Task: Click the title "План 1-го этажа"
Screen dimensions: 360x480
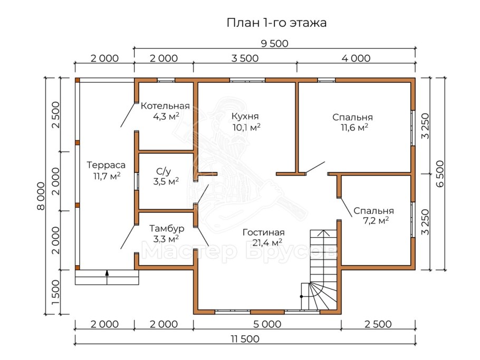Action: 276,23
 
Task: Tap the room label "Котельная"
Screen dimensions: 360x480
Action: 165,106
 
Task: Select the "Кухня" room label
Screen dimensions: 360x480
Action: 245,116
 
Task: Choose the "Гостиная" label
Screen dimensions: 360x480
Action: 264,232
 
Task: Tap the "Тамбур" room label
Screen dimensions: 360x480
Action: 166,229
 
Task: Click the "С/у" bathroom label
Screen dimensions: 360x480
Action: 164,171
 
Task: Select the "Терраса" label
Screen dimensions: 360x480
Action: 106,164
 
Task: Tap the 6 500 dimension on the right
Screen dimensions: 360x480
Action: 439,173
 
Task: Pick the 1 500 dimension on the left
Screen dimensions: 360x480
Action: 56,292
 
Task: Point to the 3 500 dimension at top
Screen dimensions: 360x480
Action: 245,59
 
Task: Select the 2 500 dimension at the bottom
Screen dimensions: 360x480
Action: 377,324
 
